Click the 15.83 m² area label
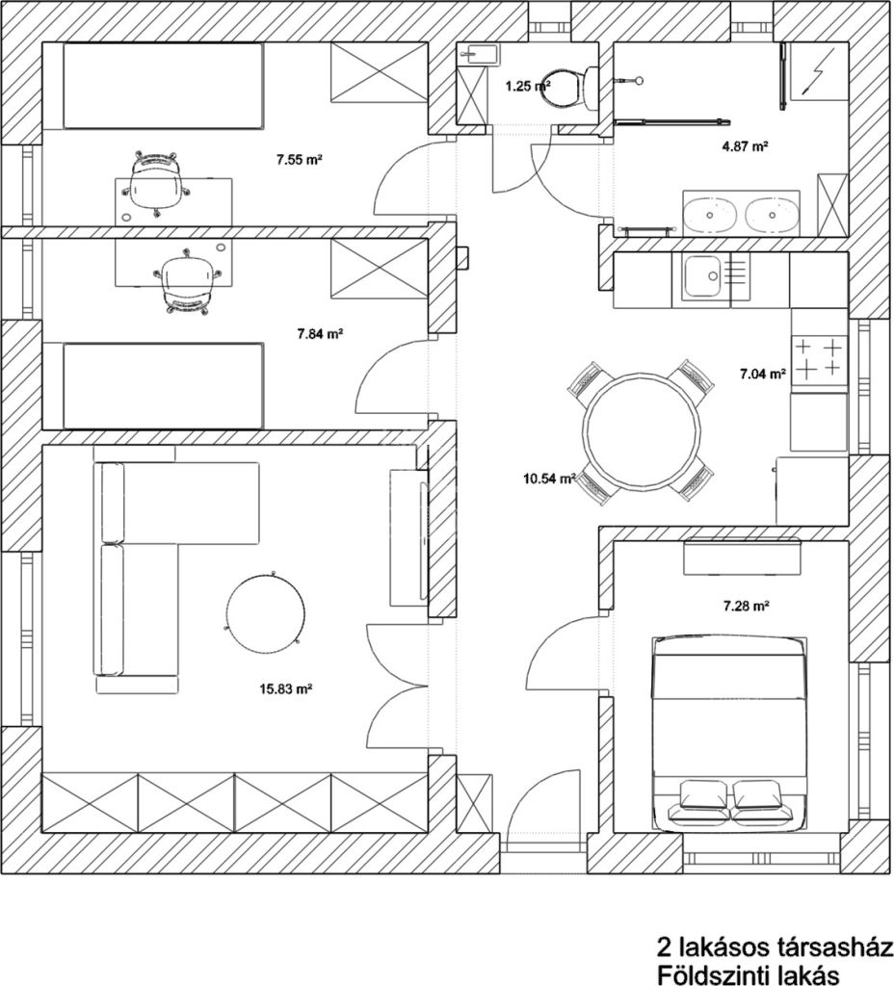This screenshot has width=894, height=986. point(286,688)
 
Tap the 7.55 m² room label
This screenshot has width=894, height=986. point(300,160)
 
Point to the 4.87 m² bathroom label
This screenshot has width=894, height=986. point(746,146)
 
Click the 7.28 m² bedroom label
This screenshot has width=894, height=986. point(747,607)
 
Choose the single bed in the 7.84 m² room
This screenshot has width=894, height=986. point(162,386)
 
